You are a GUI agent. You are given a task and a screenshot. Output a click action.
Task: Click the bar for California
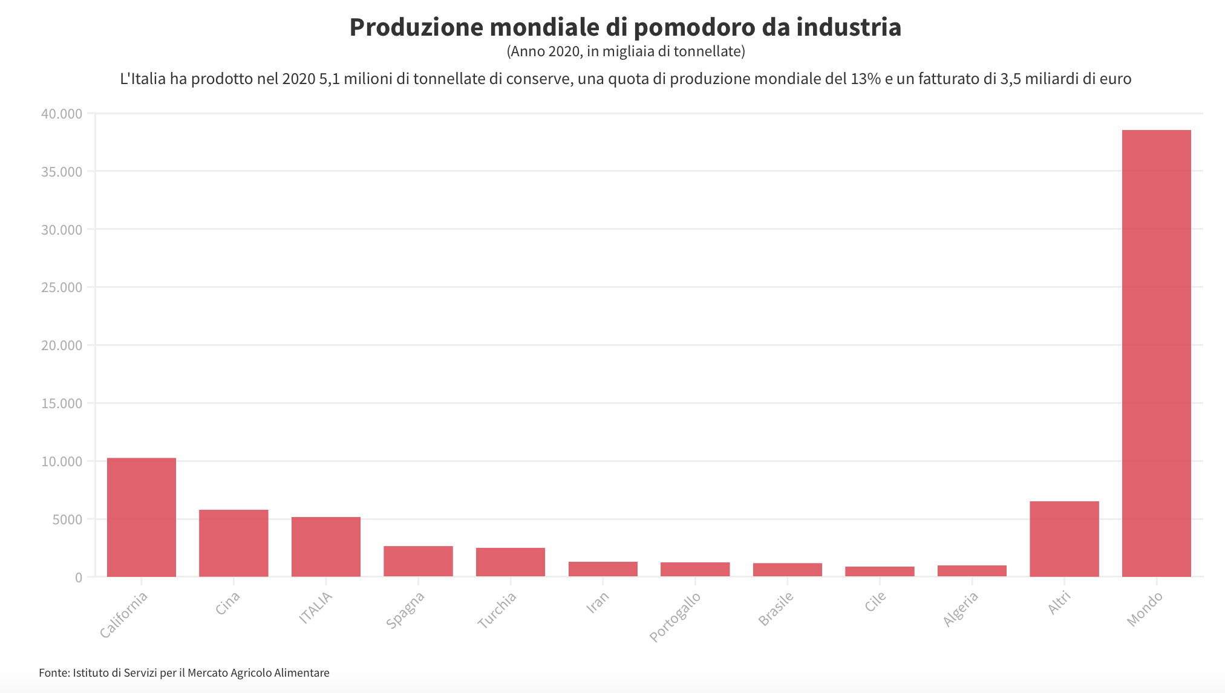142,517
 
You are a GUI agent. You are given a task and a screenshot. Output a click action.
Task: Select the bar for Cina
234,543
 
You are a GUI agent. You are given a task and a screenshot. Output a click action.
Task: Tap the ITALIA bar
326,547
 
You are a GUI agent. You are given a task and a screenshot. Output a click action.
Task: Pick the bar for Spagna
418,561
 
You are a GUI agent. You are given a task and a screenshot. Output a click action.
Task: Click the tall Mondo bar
1156,353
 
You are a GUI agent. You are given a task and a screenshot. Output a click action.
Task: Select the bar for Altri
1064,539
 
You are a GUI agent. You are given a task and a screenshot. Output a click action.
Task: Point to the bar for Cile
880,571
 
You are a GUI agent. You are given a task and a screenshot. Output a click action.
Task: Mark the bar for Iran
603,569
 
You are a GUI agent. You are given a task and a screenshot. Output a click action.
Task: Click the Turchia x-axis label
497,610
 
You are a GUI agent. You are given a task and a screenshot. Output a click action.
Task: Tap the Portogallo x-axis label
675,616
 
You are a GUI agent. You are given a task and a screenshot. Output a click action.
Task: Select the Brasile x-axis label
776,609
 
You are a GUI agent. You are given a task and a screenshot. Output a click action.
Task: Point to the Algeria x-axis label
961,609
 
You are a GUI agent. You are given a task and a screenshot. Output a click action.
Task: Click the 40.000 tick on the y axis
62,114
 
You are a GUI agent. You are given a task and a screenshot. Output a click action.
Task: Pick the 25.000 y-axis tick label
62,287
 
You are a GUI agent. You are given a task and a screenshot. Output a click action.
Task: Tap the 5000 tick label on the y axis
67,519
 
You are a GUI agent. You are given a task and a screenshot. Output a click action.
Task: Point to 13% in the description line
865,79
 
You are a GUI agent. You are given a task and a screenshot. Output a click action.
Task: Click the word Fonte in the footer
54,673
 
